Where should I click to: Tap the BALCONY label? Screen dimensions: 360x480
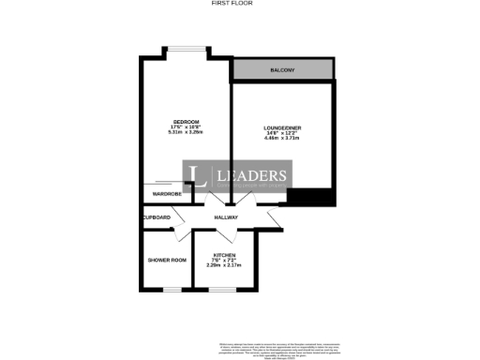coord(282,70)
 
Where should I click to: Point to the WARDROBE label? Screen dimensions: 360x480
coord(161,194)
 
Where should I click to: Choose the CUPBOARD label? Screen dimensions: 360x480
coord(157,217)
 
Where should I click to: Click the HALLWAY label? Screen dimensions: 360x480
coord(226,217)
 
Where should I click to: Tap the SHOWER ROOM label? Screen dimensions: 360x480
coord(167,260)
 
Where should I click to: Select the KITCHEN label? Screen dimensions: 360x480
coord(224,255)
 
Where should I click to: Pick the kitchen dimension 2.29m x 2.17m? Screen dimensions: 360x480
coord(224,266)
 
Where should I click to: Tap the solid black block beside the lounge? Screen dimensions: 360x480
coord(311,197)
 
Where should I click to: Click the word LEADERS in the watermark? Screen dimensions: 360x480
coord(252,175)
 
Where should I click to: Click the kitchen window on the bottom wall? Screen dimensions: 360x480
coord(224,290)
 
